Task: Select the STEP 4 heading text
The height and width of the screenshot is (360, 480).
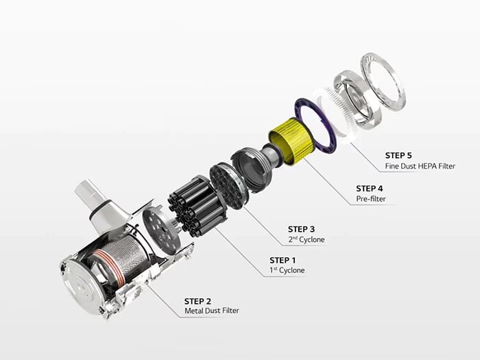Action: tap(373, 188)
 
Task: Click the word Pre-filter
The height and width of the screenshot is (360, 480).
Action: tap(371, 199)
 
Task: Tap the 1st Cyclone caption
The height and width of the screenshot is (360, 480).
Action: tap(287, 270)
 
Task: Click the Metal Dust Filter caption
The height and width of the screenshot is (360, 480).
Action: tap(212, 312)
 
